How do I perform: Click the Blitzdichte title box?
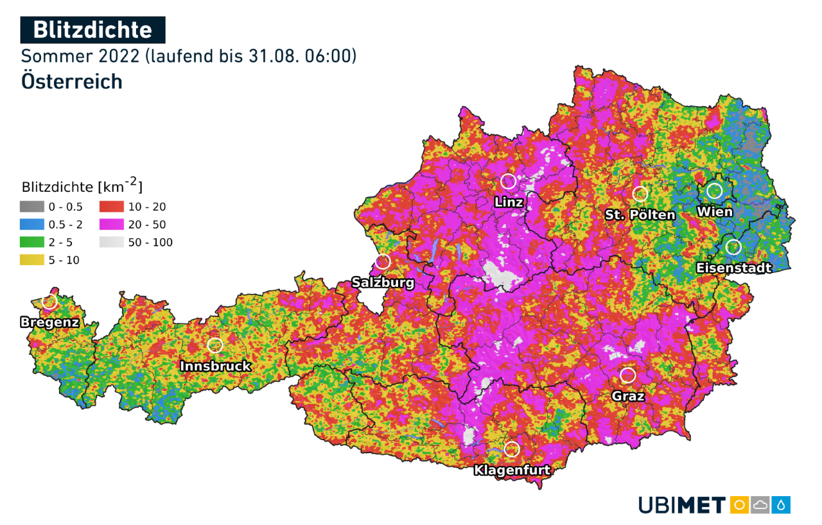[92, 30]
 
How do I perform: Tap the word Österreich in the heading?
[71, 82]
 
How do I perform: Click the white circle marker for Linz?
[508, 181]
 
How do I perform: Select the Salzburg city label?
[383, 282]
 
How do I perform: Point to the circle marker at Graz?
[627, 375]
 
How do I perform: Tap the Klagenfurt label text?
[512, 470]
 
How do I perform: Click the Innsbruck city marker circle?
[215, 345]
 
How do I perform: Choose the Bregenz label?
[49, 322]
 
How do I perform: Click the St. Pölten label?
[640, 214]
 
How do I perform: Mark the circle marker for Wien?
[714, 191]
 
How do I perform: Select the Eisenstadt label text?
[734, 268]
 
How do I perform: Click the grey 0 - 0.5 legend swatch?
[31, 207]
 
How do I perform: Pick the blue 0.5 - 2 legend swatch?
[31, 225]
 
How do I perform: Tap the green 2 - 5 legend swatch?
[31, 243]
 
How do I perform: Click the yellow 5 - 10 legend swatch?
[31, 260]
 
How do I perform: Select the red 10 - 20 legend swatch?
[111, 207]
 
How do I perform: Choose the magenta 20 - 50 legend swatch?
[111, 225]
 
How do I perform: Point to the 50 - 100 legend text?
[150, 243]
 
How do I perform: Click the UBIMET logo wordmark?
[682, 505]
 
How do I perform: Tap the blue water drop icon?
[782, 505]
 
